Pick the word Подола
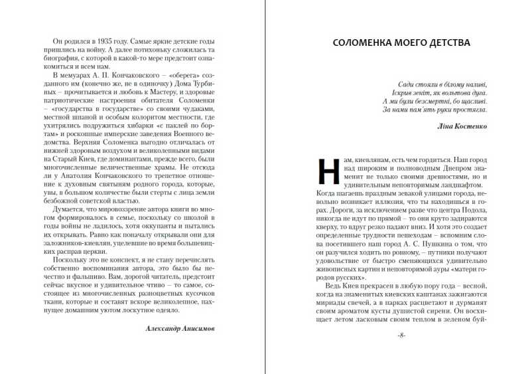(472, 212)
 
